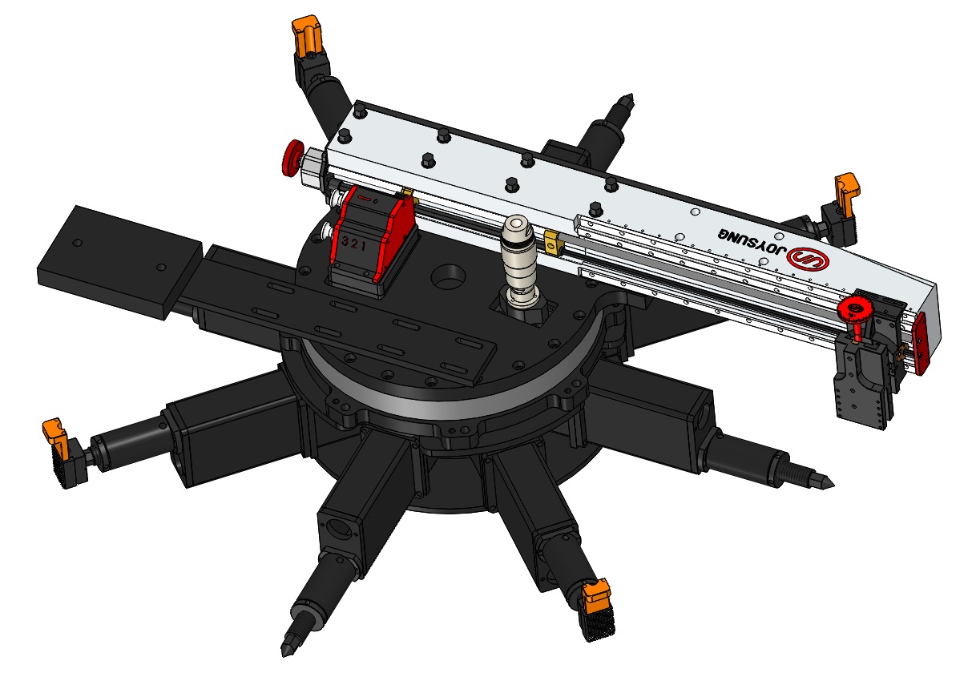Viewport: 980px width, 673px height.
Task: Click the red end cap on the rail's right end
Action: tap(919, 343)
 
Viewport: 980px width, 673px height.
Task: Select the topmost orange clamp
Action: tap(307, 37)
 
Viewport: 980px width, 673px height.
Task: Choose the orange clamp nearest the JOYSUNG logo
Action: tap(847, 189)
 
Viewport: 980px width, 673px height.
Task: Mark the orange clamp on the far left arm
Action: tap(56, 432)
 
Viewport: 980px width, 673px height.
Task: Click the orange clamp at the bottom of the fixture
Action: tap(596, 594)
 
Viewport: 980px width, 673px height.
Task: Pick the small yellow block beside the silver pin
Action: tap(551, 239)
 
